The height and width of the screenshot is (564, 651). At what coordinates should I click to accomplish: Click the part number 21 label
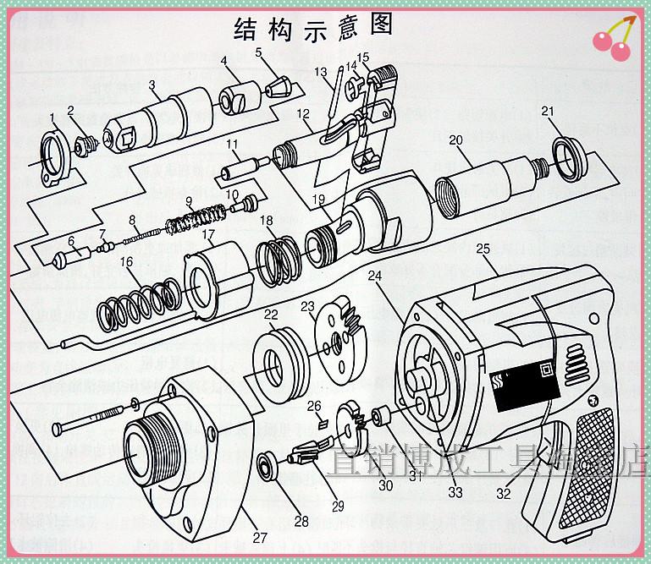pyautogui.click(x=548, y=111)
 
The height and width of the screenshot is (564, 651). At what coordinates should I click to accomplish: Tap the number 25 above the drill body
pyautogui.click(x=483, y=249)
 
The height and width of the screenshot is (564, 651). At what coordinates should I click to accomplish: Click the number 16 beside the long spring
pyautogui.click(x=126, y=263)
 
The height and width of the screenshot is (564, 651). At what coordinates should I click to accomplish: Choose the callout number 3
pyautogui.click(x=152, y=85)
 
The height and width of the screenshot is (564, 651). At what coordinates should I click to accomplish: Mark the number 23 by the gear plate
pyautogui.click(x=306, y=306)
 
